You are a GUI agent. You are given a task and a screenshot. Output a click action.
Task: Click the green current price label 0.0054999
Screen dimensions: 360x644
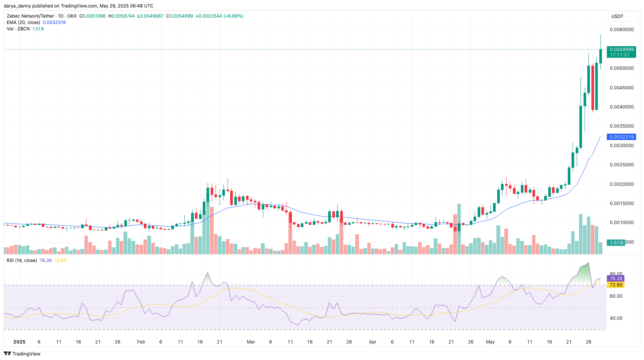click(621, 50)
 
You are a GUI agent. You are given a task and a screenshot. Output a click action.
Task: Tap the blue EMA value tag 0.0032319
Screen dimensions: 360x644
click(621, 137)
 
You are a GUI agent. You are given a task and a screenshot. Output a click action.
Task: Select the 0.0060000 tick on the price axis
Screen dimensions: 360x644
click(621, 30)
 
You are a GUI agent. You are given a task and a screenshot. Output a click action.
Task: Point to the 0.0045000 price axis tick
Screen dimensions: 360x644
click(621, 88)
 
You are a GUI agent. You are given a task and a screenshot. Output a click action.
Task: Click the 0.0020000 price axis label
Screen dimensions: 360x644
click(621, 184)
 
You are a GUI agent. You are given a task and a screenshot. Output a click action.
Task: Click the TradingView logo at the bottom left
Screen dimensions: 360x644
click(22, 354)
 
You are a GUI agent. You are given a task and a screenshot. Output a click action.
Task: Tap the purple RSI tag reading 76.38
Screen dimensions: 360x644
click(616, 279)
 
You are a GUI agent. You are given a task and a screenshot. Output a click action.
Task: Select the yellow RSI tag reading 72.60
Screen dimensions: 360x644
click(616, 285)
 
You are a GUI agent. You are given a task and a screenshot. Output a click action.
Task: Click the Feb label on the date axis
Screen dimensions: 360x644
click(141, 342)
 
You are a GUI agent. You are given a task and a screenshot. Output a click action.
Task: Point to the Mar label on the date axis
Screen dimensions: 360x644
click(251, 342)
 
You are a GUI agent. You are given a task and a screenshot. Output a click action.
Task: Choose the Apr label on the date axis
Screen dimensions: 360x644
click(373, 342)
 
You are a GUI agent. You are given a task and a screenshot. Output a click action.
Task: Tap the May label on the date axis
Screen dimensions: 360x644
click(490, 342)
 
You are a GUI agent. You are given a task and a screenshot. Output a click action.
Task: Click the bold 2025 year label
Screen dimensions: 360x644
click(19, 342)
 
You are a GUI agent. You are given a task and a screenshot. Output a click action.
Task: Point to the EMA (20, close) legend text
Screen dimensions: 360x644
click(23, 23)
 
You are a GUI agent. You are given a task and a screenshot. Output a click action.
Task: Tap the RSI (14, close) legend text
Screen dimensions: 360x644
click(22, 261)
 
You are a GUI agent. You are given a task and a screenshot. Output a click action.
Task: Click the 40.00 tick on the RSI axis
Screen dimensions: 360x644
click(616, 318)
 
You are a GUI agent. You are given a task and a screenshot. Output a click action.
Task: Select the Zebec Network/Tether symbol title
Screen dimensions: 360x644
click(30, 16)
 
